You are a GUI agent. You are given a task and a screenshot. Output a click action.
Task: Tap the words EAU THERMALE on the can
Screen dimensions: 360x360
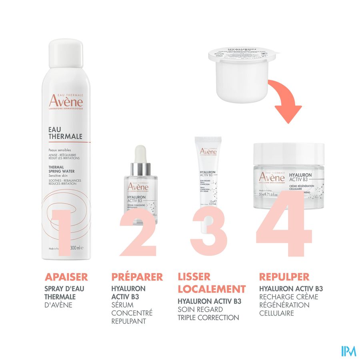pos(65,132)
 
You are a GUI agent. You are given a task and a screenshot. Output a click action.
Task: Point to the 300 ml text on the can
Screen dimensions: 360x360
pos(77,248)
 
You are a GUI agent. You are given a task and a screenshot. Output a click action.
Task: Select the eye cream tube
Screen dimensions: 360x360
pos(208,172)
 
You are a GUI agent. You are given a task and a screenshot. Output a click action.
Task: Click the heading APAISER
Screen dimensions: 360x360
pos(66,277)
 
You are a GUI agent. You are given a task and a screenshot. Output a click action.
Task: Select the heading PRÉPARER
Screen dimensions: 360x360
pos(137,277)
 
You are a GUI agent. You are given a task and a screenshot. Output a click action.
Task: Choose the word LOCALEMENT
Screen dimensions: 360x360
pos(211,289)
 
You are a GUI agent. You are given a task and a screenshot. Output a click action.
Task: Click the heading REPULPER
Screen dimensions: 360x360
pos(284,277)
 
